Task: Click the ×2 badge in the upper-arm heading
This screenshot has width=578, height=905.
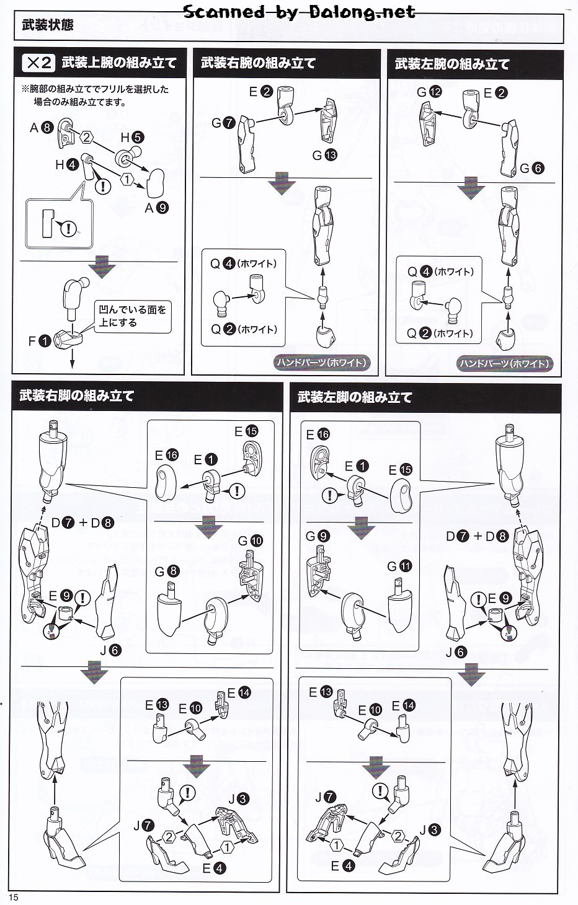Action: pyautogui.click(x=38, y=63)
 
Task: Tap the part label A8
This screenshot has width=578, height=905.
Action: pyautogui.click(x=41, y=128)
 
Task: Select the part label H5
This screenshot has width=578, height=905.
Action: pyautogui.click(x=132, y=138)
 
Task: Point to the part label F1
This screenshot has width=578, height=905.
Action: pyautogui.click(x=39, y=341)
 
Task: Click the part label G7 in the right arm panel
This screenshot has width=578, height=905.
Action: pyautogui.click(x=223, y=123)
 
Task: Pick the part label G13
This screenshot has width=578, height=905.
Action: pyautogui.click(x=324, y=155)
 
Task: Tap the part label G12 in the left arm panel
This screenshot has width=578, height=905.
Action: pyautogui.click(x=429, y=92)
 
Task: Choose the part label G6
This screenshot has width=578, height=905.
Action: pyautogui.click(x=531, y=168)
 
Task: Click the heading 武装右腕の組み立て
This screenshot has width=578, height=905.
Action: pyautogui.click(x=258, y=63)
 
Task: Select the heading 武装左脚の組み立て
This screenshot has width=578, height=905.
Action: pyautogui.click(x=354, y=397)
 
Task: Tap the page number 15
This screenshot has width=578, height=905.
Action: pyautogui.click(x=14, y=898)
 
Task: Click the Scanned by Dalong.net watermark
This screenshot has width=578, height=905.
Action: pyautogui.click(x=300, y=12)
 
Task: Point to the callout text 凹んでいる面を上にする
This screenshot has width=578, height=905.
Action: pyautogui.click(x=132, y=316)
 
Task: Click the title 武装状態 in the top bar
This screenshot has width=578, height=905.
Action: pyautogui.click(x=47, y=25)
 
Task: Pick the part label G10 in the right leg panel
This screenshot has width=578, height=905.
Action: pyautogui.click(x=251, y=541)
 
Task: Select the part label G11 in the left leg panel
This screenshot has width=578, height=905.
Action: pyautogui.click(x=399, y=566)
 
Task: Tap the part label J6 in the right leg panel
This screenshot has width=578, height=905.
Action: pyautogui.click(x=111, y=650)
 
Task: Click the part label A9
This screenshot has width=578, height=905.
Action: pyautogui.click(x=156, y=208)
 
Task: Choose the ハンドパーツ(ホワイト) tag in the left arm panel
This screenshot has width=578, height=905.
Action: pyautogui.click(x=504, y=364)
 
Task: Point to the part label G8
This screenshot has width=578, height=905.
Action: pyautogui.click(x=167, y=571)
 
